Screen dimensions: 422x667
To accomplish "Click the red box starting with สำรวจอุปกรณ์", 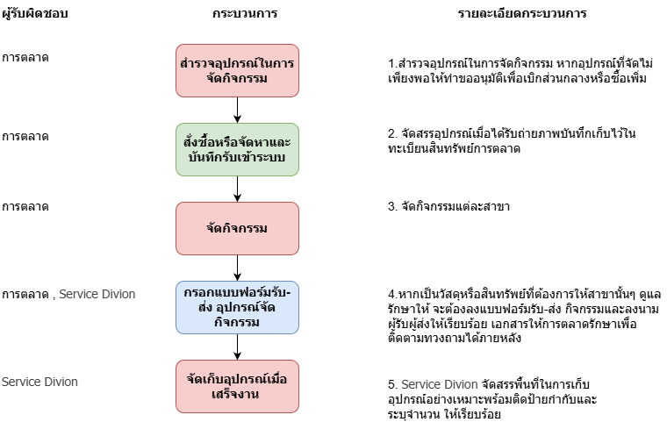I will pos(237,70).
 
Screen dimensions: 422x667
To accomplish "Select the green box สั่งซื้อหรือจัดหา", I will pos(237,149).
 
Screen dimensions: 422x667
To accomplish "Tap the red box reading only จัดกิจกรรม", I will pos(237,228).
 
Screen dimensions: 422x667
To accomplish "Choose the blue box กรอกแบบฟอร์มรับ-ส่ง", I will pos(237,307).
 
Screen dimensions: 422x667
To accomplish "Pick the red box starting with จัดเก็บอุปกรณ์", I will pos(237,386).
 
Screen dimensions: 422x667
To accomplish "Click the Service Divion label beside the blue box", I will pos(97,294).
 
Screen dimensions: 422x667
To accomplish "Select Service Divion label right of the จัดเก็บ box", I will pos(440,384).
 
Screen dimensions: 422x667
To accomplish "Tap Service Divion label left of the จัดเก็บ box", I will pos(39,382).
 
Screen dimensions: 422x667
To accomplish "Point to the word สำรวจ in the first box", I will pos(196,63).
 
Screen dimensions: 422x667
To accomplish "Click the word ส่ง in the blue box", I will pos(195,308).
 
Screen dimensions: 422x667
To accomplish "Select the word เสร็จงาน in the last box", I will pos(237,395).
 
